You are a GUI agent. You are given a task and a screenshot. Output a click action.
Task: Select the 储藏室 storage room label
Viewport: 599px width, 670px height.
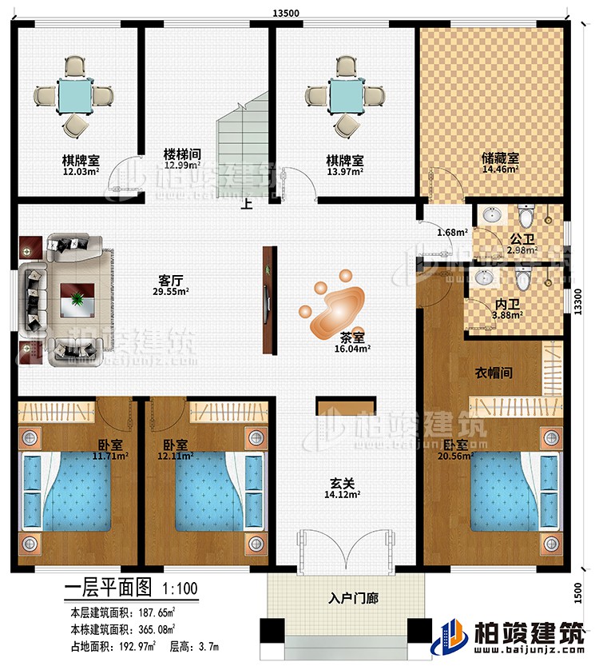coord(499,159)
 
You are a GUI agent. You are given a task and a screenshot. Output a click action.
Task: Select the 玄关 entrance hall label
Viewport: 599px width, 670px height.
coord(343,483)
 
